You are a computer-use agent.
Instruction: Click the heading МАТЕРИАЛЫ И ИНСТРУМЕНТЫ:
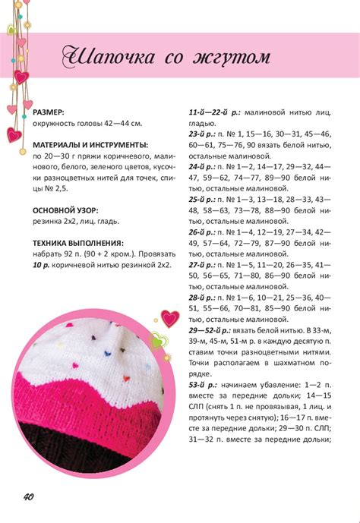[90, 144]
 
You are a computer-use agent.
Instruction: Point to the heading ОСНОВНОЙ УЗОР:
[65, 209]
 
